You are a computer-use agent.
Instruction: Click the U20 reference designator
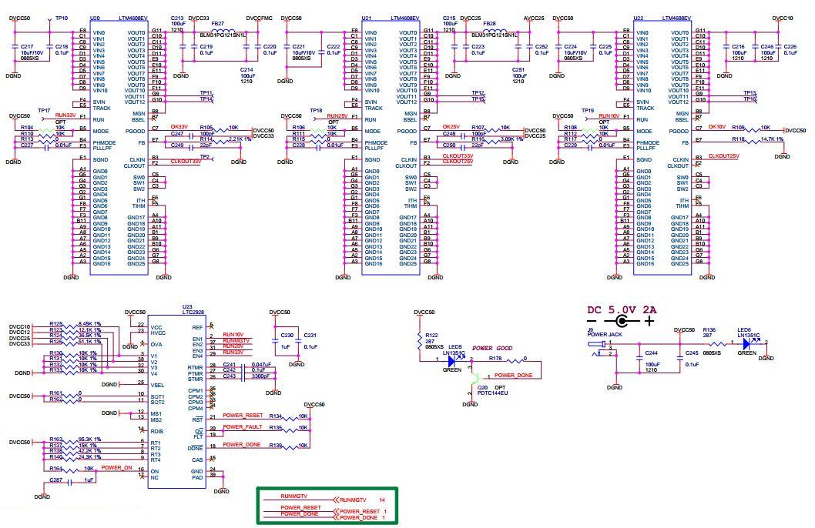tap(95, 16)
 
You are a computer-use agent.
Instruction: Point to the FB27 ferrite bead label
tap(218, 24)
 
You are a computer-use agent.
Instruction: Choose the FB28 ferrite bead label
tap(490, 24)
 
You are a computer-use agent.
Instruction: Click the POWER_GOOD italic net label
tap(492, 348)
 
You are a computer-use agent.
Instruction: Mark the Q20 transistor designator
tap(482, 387)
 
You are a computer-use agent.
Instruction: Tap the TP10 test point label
tap(62, 16)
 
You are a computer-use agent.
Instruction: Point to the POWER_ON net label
tap(116, 467)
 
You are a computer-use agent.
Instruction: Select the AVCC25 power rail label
tap(534, 16)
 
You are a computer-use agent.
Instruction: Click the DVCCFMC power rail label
tap(260, 16)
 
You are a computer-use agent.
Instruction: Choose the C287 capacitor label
tap(55, 480)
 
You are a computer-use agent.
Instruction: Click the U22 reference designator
tap(638, 16)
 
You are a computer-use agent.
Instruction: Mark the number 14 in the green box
tap(381, 500)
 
